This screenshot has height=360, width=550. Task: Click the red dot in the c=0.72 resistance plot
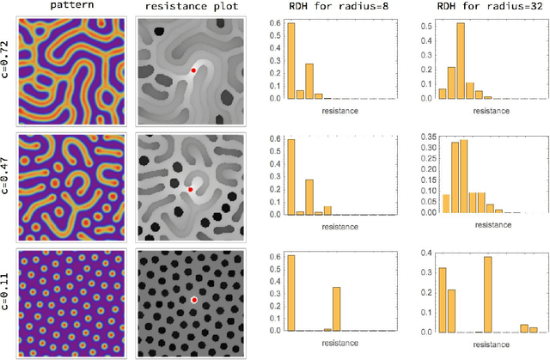(x=194, y=70)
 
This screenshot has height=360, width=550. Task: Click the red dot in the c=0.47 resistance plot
(x=191, y=188)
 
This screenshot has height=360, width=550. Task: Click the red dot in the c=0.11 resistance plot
(x=195, y=300)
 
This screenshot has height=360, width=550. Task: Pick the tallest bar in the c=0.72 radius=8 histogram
(x=290, y=60)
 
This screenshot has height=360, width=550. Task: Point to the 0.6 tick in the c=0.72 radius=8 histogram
(x=277, y=21)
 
